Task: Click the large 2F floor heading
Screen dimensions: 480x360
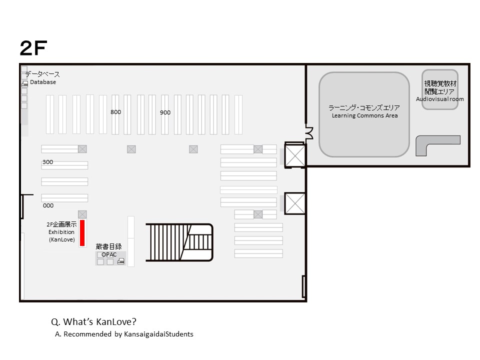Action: (x=33, y=48)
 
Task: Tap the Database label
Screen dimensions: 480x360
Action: (x=43, y=82)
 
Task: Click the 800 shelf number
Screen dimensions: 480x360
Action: (x=115, y=112)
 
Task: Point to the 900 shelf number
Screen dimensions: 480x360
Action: (x=165, y=112)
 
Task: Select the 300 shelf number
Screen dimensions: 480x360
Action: (x=48, y=162)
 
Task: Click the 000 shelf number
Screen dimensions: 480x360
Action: (x=48, y=205)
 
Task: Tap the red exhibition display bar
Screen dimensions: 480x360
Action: (x=82, y=233)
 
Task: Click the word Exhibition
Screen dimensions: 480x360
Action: (x=61, y=232)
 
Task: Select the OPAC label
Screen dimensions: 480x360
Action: (x=109, y=254)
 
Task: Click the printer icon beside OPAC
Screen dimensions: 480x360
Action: (x=121, y=261)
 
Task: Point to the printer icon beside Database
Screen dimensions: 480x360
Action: (x=25, y=83)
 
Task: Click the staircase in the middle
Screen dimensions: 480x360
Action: (x=179, y=242)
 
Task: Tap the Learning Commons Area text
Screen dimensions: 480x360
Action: (x=364, y=115)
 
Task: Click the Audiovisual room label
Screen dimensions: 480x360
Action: (x=439, y=99)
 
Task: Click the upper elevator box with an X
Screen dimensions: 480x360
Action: (x=295, y=155)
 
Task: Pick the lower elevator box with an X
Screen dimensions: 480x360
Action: (x=295, y=203)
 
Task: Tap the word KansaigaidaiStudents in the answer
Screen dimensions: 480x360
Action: (x=158, y=334)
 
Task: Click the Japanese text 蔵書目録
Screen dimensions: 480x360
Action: (x=108, y=246)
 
